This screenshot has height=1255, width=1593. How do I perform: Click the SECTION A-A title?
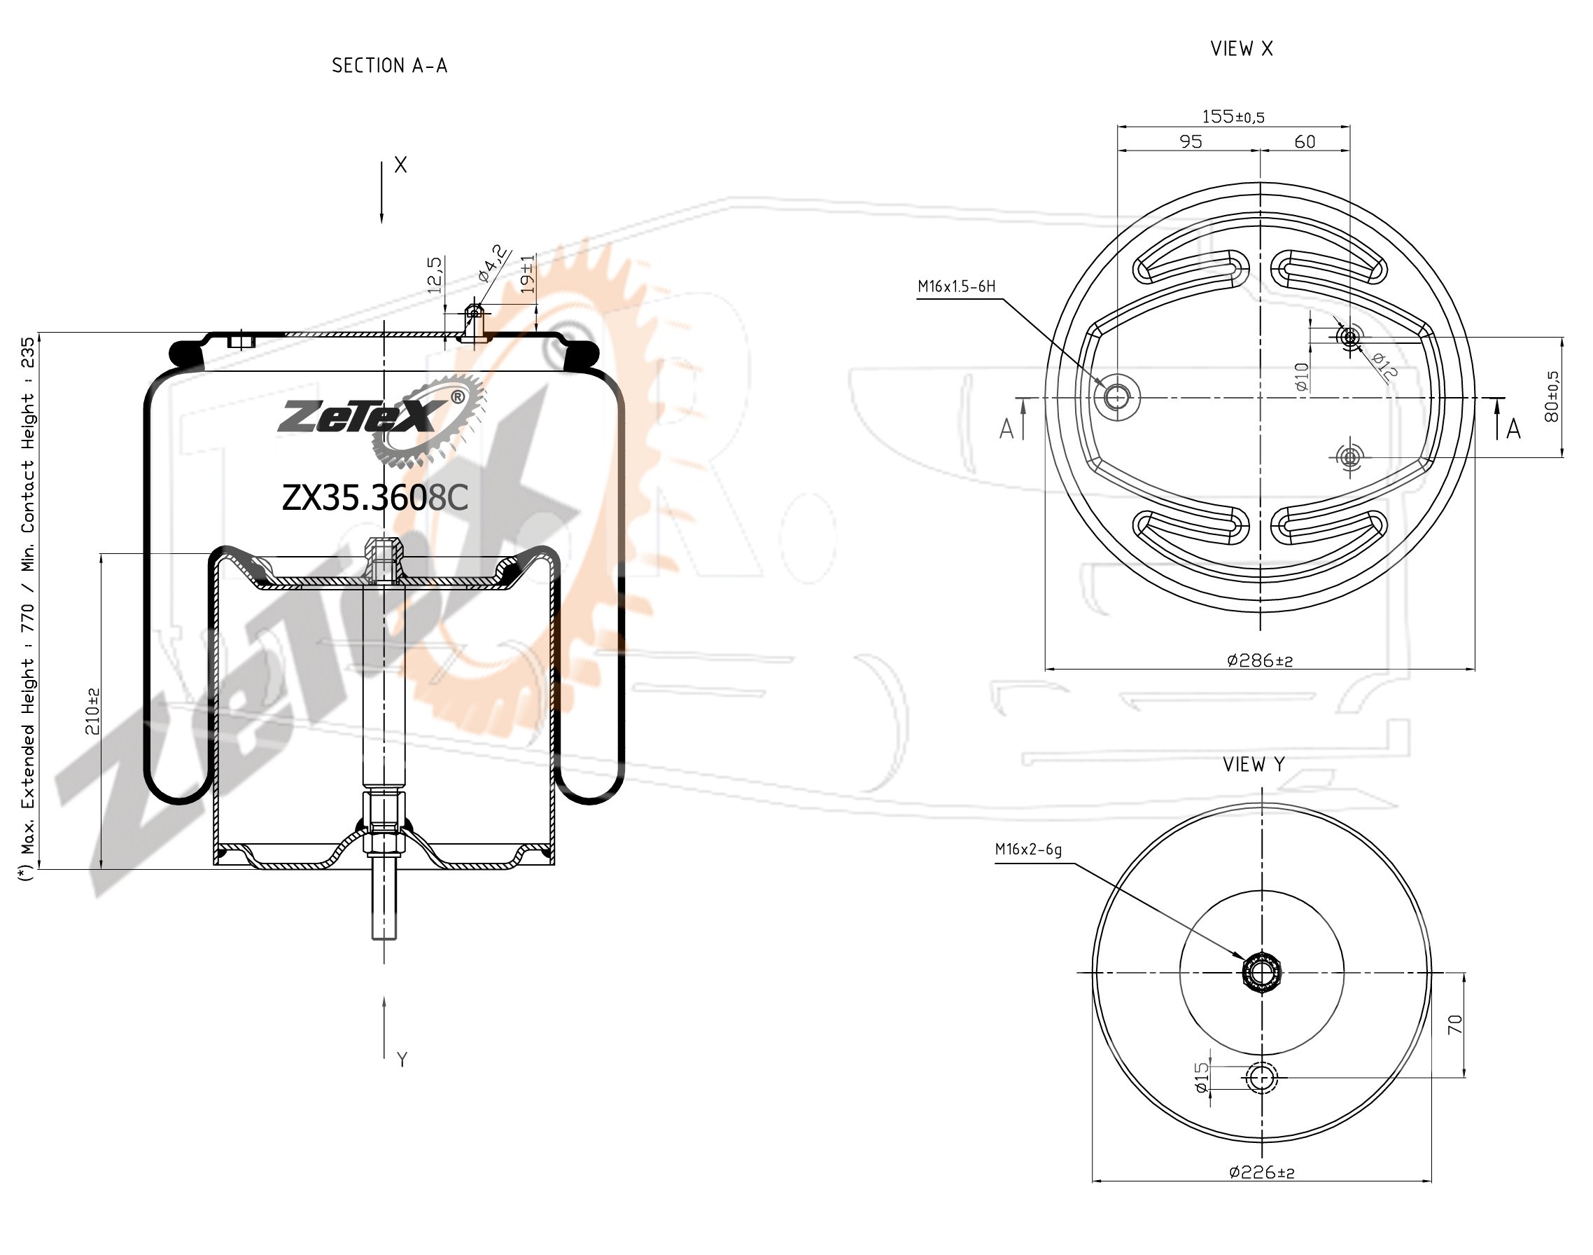(x=389, y=66)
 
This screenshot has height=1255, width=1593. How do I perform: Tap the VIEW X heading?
(x=1242, y=48)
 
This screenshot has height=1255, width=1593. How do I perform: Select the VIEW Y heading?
(x=1254, y=765)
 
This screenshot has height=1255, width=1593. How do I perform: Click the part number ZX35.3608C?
(x=374, y=498)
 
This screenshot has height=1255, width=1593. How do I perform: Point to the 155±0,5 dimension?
(x=1233, y=116)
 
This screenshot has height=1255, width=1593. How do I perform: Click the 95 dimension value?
(x=1191, y=141)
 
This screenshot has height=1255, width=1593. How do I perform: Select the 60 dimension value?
(x=1305, y=141)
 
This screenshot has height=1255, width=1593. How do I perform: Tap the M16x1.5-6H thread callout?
(x=956, y=286)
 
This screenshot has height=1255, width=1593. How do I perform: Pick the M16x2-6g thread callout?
(x=1028, y=850)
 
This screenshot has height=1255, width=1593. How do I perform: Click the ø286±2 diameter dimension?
(x=1260, y=660)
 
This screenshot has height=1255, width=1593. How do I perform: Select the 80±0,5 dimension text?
(x=1552, y=396)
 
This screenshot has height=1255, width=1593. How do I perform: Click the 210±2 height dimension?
(x=92, y=712)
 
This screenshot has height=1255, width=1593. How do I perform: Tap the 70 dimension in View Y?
(x=1455, y=1025)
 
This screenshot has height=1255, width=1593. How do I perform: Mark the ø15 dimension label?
(x=1202, y=1077)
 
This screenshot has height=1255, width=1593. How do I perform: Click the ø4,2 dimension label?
(x=493, y=263)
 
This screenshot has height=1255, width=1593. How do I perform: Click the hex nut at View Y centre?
(x=1262, y=973)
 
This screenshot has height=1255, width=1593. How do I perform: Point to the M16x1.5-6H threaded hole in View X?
(x=1117, y=398)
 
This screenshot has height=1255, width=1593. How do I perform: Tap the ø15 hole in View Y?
(x=1262, y=1078)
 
